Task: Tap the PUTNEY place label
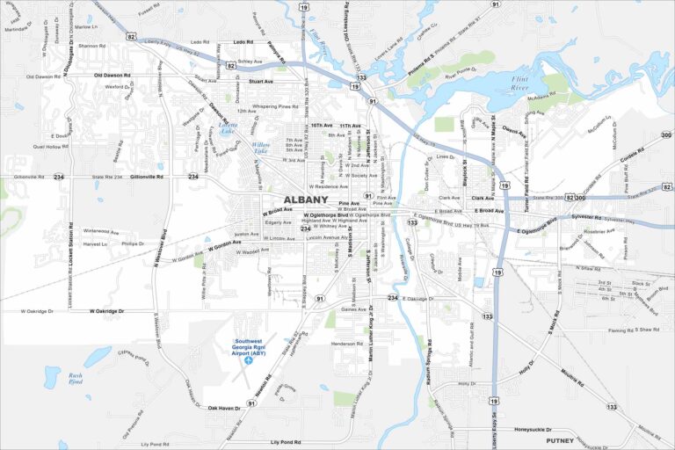tap(560, 440)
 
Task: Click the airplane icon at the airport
tap(249, 359)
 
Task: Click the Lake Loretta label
tap(229, 127)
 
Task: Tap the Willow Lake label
tap(261, 148)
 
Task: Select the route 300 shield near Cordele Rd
tap(665, 135)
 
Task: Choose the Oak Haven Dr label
tap(224, 408)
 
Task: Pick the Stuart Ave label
tap(261, 81)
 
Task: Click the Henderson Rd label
tap(347, 344)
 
